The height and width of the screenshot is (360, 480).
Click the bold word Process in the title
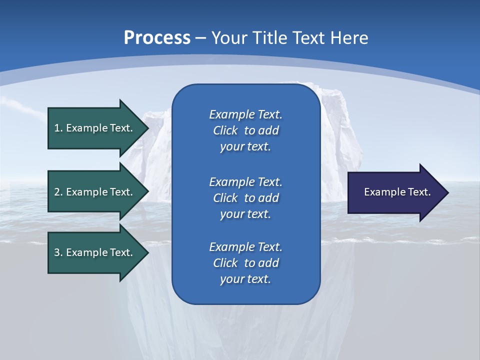point(157,38)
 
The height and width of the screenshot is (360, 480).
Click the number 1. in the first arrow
point(58,128)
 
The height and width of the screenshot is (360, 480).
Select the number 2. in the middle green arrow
point(58,192)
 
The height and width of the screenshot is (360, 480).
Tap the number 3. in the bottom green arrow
point(58,252)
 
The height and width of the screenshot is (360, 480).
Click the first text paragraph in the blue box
point(245,130)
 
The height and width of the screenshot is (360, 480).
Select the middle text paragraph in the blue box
point(245,197)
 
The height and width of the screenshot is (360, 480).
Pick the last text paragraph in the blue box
point(245,263)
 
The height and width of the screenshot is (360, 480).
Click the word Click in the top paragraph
point(225,130)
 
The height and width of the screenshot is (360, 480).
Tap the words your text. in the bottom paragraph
point(245,279)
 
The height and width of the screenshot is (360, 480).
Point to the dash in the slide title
point(200,38)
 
